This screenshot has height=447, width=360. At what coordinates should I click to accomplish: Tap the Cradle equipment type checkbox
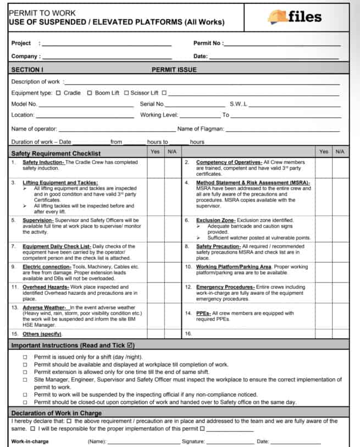tap(58, 93)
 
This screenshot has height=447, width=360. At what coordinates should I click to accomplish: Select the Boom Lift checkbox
tap(90, 93)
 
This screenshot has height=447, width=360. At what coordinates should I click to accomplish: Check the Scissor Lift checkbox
tap(126, 93)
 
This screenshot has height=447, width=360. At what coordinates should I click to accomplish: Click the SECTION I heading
tap(27, 70)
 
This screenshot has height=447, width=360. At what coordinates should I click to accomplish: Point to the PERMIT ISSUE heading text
tap(174, 70)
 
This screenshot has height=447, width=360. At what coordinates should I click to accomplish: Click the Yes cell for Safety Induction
tap(156, 168)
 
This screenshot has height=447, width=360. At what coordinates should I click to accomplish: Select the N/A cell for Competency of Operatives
tap(340, 168)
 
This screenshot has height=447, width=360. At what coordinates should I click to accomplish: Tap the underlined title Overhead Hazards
tap(46, 287)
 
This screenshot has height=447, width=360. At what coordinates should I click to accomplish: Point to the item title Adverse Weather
tap(44, 308)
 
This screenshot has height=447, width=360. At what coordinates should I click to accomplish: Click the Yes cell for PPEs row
tap(324, 316)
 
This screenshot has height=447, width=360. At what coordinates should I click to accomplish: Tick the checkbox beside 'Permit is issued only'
tap(25, 357)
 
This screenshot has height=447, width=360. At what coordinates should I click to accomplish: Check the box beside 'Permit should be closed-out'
tap(25, 402)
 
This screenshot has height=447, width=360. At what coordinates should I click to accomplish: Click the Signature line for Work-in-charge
tap(230, 442)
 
